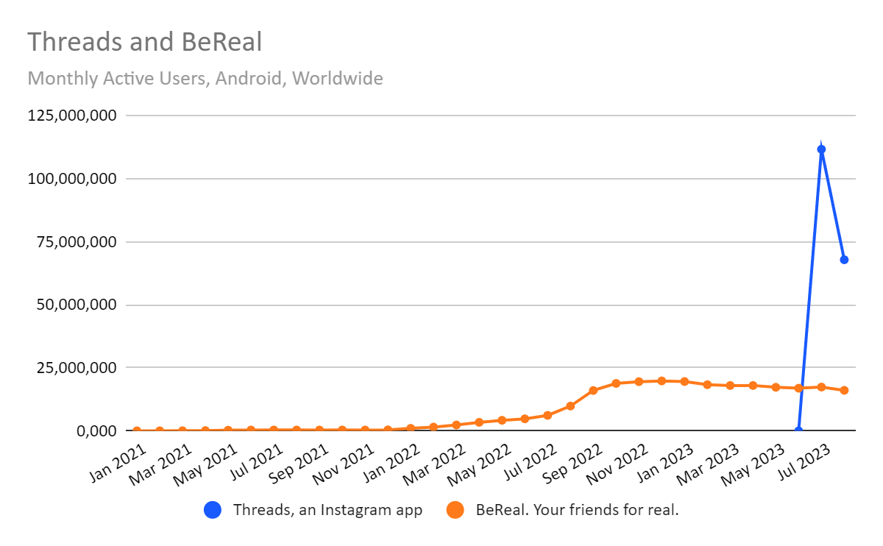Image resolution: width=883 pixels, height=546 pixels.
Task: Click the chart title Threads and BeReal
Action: [x=145, y=42]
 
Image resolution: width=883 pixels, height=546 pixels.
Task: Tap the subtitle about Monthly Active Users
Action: [x=205, y=78]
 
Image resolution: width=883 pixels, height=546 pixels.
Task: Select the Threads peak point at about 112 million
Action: [x=821, y=149]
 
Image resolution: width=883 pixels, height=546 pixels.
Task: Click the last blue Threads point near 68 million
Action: [x=844, y=260]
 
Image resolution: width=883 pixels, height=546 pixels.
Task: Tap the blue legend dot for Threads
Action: [x=213, y=509]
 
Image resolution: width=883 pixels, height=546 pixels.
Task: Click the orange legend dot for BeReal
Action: [x=455, y=509]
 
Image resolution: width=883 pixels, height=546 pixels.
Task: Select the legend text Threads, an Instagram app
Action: [x=327, y=509]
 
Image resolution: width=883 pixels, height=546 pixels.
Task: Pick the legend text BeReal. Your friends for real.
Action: [x=577, y=509]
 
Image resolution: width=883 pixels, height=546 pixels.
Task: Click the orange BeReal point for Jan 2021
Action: [x=137, y=430]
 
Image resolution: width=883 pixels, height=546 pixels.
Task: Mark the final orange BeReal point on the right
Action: [x=844, y=390]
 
